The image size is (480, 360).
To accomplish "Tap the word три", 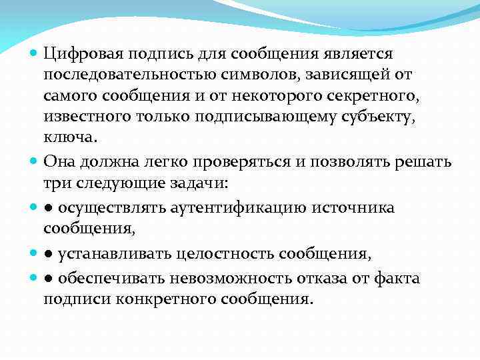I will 55,183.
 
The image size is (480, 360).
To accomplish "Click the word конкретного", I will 163,299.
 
